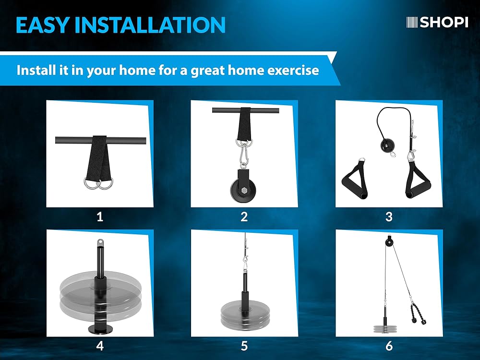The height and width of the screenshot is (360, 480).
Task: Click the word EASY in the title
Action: click(42, 25)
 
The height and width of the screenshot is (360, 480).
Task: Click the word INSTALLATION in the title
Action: click(150, 25)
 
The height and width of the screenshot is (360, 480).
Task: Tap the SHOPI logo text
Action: click(444, 22)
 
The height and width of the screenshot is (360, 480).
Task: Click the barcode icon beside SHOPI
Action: click(412, 23)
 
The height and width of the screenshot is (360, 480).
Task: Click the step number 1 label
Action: click(100, 217)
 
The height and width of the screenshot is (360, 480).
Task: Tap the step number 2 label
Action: click(244, 217)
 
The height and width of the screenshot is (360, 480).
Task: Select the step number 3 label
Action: click(389, 217)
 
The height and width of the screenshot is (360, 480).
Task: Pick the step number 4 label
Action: click(100, 346)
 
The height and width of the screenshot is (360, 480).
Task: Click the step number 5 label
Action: click(244, 346)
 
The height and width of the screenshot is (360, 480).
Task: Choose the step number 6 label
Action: click(389, 346)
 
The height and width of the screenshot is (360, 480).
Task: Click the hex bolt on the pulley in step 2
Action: click(244, 191)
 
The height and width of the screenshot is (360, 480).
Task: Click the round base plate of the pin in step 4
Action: click(100, 329)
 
